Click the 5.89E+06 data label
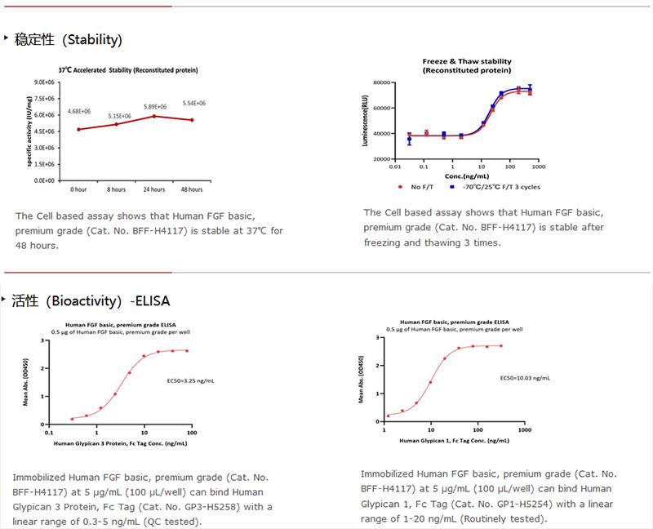155,107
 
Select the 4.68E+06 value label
79,111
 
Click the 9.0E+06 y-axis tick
44,82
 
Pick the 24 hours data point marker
154,116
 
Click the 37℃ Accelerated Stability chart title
127,70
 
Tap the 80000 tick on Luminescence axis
384,82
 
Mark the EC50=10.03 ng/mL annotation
525,378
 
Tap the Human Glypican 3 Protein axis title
120,443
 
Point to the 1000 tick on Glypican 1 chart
524,429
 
